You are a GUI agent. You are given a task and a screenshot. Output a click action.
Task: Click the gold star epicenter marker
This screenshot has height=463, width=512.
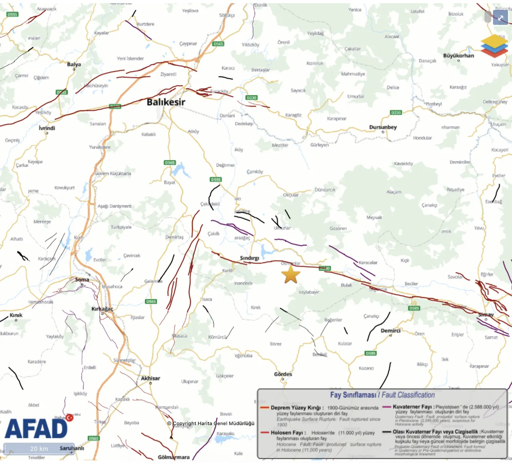291,275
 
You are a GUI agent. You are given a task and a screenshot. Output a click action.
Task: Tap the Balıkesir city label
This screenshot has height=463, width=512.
166,102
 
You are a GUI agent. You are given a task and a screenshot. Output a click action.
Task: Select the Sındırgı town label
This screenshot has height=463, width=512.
249,258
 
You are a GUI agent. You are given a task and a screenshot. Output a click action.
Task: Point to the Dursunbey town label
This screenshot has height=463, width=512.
383,127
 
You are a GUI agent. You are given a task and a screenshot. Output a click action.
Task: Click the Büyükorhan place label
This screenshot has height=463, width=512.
458,56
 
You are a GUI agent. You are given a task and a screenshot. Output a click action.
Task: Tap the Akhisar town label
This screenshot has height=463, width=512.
150,378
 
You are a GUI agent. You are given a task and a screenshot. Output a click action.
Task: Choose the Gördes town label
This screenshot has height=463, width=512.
283,374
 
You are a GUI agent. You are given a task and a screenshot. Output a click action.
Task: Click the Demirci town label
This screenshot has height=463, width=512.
390,331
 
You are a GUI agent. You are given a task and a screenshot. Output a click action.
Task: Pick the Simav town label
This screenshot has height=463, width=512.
486,315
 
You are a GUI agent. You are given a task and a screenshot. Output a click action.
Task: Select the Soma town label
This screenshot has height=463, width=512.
82,279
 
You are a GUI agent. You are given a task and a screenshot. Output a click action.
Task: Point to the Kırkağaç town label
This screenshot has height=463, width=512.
102,309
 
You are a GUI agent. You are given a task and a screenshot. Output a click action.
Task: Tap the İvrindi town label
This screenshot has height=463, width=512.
47,128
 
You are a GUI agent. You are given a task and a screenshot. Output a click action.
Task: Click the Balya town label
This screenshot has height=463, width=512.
74,64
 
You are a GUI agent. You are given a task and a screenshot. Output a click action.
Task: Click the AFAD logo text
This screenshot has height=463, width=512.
36,429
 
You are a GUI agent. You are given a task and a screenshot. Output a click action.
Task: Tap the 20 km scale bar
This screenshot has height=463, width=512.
39,449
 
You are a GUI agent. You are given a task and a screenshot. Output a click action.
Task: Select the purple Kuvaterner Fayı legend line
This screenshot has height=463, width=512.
386,407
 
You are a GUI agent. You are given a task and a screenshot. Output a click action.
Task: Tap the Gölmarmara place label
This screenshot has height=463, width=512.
174,457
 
